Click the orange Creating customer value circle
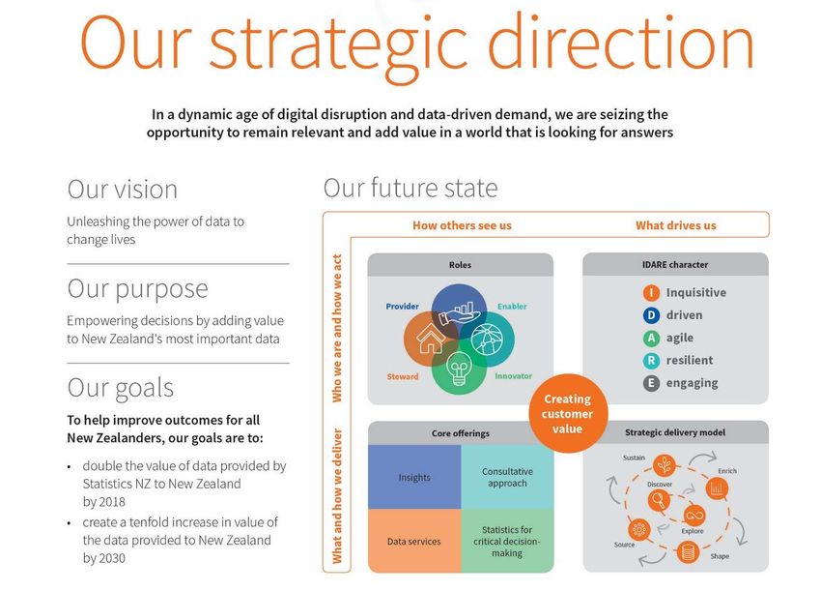[568, 413]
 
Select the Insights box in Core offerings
[414, 477]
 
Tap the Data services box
[414, 541]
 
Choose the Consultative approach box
[507, 477]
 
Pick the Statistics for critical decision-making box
[507, 541]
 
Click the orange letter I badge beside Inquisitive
[651, 292]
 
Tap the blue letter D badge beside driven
[651, 315]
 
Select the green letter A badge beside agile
[651, 338]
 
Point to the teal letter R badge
[651, 360]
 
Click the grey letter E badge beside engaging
[651, 383]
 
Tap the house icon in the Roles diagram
[431, 339]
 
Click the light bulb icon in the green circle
[459, 368]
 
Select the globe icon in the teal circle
[487, 339]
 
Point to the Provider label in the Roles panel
[402, 307]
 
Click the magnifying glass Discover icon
[659, 501]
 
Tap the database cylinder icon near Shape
[688, 552]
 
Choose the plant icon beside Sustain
[664, 465]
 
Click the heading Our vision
[123, 190]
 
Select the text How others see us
[462, 225]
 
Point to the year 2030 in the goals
[112, 558]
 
